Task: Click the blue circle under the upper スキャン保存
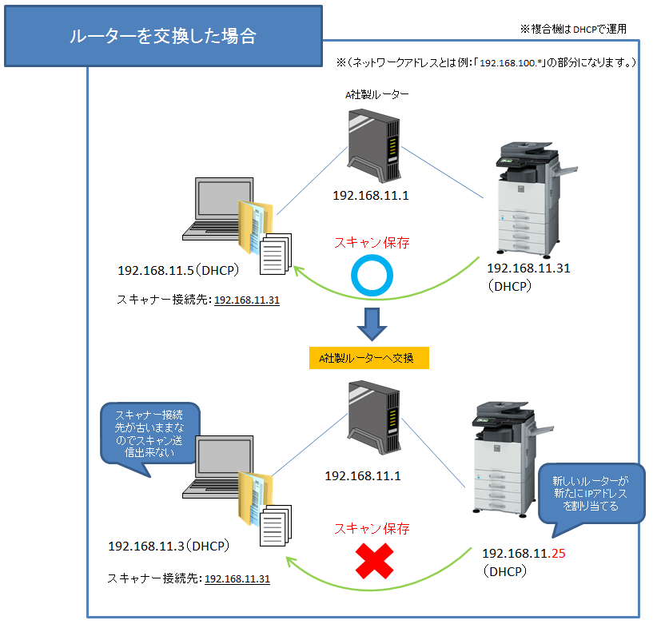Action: tap(372, 276)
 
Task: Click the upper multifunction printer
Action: tap(525, 196)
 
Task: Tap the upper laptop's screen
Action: tap(217, 204)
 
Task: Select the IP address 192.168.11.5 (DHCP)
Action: tap(177, 270)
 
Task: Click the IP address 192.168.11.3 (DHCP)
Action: tap(169, 547)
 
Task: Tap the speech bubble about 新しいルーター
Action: tap(590, 493)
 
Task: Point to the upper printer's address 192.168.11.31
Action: tap(528, 268)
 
